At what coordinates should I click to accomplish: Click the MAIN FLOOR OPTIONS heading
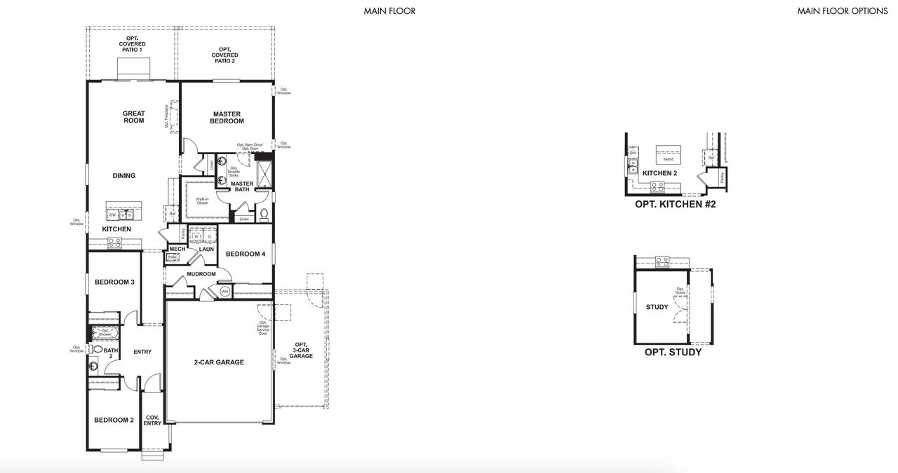click(841, 11)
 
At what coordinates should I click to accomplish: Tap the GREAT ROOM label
click(133, 117)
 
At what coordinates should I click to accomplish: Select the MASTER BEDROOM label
click(226, 118)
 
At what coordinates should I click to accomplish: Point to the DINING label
click(123, 176)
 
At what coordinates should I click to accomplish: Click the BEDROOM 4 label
click(245, 254)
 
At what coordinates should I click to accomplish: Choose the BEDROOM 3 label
click(114, 282)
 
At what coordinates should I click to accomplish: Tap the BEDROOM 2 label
click(114, 420)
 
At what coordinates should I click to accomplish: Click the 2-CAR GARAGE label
click(219, 362)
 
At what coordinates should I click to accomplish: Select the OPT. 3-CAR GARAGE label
click(301, 350)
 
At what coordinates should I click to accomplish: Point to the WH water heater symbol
click(225, 291)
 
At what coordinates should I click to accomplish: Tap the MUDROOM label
click(201, 274)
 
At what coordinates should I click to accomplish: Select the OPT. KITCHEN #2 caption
click(675, 205)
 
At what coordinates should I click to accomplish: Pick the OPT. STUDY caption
click(673, 352)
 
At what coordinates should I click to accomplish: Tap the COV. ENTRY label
click(153, 420)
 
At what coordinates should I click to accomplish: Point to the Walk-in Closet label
click(202, 201)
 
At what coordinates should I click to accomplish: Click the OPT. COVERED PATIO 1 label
click(132, 44)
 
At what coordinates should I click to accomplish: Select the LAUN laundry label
click(206, 249)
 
